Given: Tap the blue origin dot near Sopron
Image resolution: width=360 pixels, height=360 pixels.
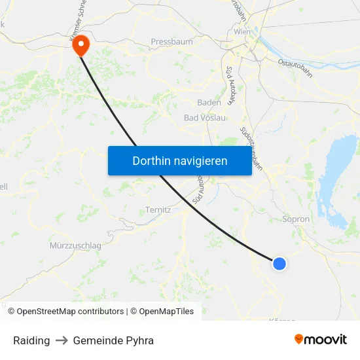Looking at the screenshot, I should [x=279, y=264].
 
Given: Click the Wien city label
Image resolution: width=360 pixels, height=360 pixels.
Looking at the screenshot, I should [x=242, y=31].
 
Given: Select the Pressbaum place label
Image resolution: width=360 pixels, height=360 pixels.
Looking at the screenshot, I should [x=171, y=41].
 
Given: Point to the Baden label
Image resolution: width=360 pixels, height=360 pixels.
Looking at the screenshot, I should [x=209, y=102].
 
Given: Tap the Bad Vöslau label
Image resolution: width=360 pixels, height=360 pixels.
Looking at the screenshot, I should [x=205, y=118].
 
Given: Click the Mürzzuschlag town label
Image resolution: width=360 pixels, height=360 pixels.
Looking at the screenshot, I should [x=75, y=245].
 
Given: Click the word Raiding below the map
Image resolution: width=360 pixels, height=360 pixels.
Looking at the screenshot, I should [x=31, y=340].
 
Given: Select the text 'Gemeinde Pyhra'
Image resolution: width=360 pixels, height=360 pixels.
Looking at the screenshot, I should [x=113, y=340].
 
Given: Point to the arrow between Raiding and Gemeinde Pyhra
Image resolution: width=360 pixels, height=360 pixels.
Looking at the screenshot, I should [x=62, y=340].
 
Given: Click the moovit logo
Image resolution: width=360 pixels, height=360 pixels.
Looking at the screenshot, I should [x=320, y=339].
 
